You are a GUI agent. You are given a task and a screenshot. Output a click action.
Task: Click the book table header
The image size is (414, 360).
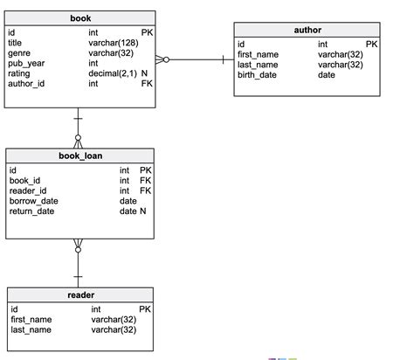pos(81,17)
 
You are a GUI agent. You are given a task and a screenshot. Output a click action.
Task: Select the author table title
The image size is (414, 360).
pos(307,31)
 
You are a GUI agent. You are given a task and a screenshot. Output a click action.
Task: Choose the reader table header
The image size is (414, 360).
pos(81,295)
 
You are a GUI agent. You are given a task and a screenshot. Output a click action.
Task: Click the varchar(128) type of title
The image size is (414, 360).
pos(113,43)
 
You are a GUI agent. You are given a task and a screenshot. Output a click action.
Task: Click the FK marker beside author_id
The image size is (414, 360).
pos(146,85)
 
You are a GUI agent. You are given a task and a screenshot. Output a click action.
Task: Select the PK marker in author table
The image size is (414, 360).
pos(371,44)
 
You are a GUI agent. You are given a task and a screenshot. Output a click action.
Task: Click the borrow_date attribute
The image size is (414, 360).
pos(32,201)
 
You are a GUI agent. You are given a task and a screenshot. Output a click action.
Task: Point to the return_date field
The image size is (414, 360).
pos(31,211)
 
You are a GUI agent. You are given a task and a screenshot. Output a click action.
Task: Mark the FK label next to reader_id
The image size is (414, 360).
pos(146,190)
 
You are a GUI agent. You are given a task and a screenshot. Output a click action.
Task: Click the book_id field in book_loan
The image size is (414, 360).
pos(24,180)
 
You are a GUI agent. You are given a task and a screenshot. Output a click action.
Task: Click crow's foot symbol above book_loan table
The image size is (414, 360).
pos(79,141)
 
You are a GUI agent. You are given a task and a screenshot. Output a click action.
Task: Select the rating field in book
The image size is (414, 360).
pos(18,74)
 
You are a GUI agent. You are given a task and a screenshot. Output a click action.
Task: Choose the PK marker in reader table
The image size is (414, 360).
pos(145,309)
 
